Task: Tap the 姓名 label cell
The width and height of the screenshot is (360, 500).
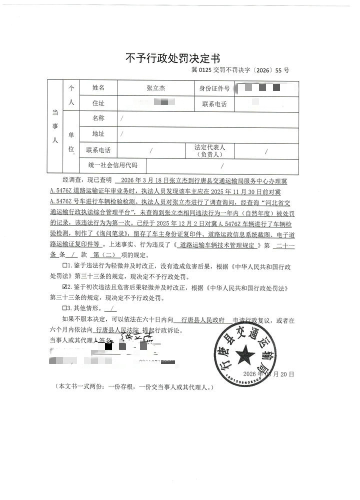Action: coord(98,88)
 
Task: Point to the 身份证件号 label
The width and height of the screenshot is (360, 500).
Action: coord(214,88)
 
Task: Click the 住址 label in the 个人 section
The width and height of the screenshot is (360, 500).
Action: coord(98,104)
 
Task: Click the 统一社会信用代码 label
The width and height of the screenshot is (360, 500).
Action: coord(112,165)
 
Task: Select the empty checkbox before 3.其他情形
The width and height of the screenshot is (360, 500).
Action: coord(63,308)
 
